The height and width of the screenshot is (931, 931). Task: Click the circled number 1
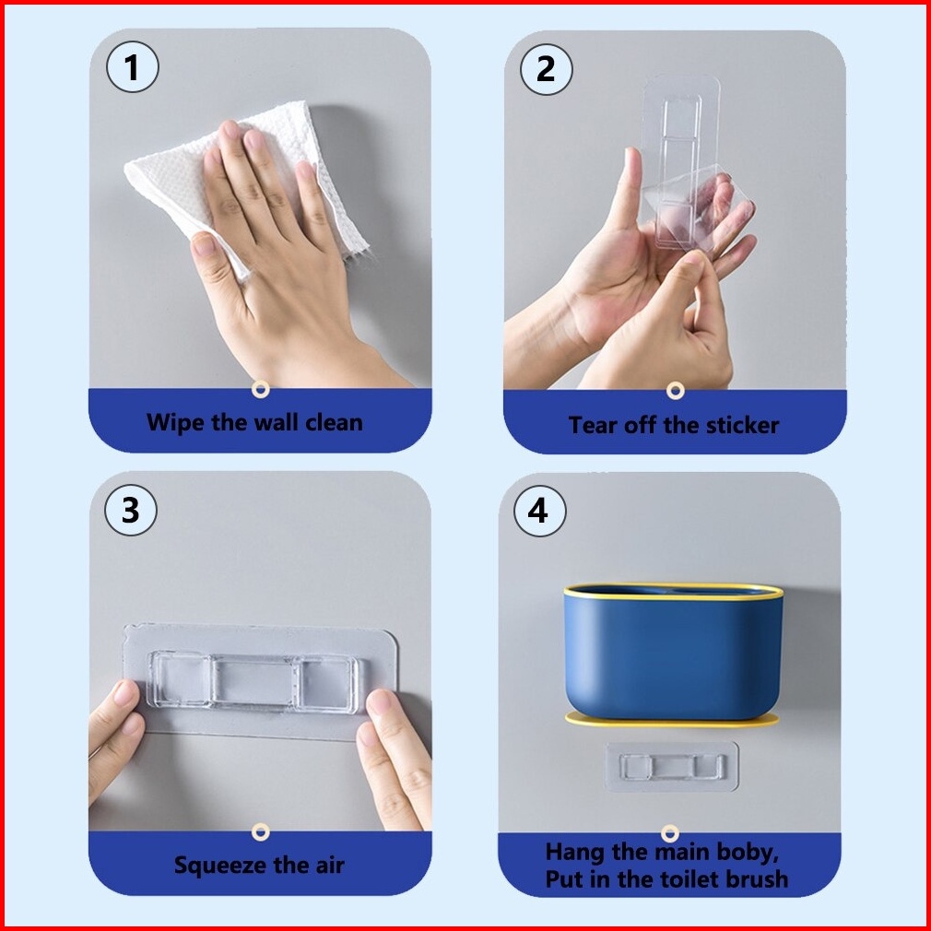coord(133,66)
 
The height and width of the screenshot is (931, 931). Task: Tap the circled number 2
coord(547,69)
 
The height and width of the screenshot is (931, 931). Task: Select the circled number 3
coord(131,510)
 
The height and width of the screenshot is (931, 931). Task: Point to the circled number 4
coord(540,511)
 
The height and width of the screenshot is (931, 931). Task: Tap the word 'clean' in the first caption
coord(334,423)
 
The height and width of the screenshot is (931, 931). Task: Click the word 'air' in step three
coord(330,866)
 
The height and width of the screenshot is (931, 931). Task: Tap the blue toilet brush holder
coord(673,651)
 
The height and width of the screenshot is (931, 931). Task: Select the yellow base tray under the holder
coord(672,720)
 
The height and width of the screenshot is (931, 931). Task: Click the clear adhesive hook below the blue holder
coord(672,767)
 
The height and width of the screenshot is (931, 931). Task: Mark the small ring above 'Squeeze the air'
coord(260,831)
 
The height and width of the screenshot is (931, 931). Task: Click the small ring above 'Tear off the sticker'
coord(675,391)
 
